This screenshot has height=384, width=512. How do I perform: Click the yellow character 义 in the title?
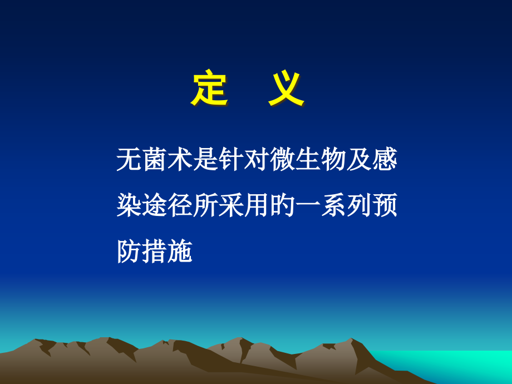coord(287,89)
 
